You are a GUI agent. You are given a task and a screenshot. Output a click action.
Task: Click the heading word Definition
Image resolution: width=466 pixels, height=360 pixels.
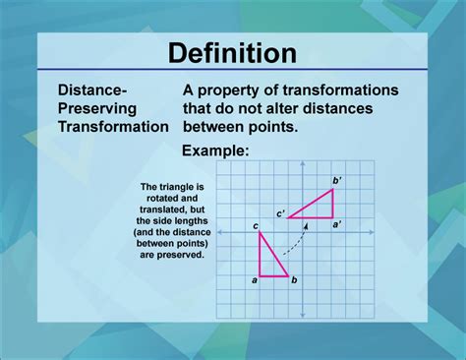(233, 52)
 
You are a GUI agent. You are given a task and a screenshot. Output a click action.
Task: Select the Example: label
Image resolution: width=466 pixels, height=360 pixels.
(215, 150)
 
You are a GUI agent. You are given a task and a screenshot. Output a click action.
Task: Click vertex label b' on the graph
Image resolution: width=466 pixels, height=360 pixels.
(337, 179)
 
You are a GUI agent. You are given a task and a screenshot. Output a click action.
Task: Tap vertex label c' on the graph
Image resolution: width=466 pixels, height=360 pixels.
(280, 213)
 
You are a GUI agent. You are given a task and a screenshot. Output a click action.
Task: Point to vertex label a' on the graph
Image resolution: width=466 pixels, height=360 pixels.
(337, 225)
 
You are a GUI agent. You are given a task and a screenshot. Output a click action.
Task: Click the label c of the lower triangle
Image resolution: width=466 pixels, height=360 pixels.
(256, 227)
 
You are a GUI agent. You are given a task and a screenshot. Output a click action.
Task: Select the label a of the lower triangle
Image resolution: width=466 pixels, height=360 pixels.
(255, 281)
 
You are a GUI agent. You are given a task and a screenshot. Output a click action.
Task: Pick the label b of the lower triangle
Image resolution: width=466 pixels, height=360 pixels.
(294, 281)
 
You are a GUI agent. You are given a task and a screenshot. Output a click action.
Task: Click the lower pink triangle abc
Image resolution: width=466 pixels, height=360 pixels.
(268, 264)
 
